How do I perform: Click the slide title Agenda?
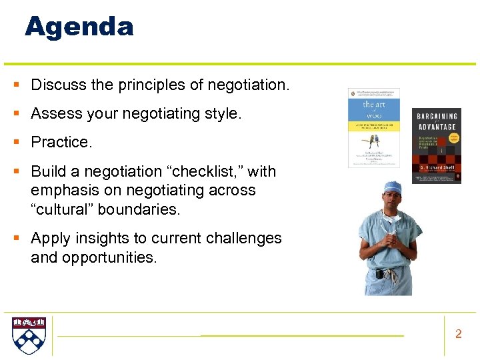(x=79, y=27)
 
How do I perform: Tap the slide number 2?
(x=458, y=334)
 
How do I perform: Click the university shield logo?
(x=29, y=335)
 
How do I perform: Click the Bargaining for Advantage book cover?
(x=436, y=145)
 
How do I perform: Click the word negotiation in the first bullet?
(x=247, y=85)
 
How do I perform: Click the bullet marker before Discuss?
(x=15, y=85)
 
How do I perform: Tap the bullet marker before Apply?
(x=15, y=238)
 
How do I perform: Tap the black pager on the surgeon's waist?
(x=378, y=273)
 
